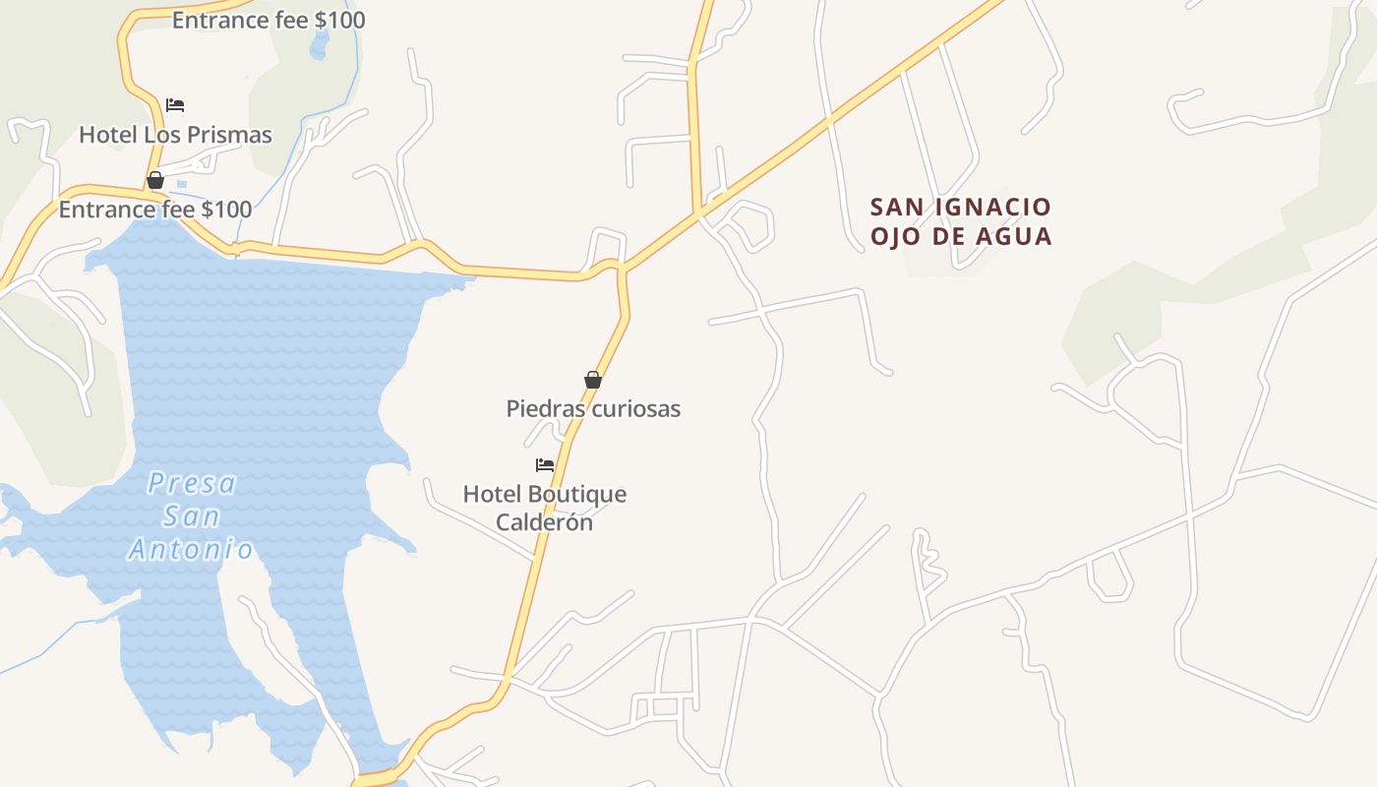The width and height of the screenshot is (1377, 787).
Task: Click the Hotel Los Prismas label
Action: click(175, 135)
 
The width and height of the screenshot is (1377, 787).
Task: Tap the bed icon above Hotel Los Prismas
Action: click(175, 104)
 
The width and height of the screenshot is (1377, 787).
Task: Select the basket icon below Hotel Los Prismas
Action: click(155, 180)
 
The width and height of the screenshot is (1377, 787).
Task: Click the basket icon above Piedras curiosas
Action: click(593, 380)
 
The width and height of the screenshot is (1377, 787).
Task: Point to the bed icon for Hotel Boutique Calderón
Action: click(545, 464)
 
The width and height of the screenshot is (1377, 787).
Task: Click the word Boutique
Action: click(576, 494)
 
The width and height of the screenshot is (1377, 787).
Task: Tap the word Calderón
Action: click(544, 522)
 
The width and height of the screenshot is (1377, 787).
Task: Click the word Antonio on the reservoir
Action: click(191, 549)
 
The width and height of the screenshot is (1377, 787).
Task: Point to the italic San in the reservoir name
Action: click(191, 516)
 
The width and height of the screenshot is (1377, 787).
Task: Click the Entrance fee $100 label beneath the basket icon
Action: click(155, 210)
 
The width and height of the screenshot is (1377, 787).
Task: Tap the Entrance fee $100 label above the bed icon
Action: click(269, 20)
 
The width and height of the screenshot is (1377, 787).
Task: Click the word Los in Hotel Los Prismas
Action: click(161, 135)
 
